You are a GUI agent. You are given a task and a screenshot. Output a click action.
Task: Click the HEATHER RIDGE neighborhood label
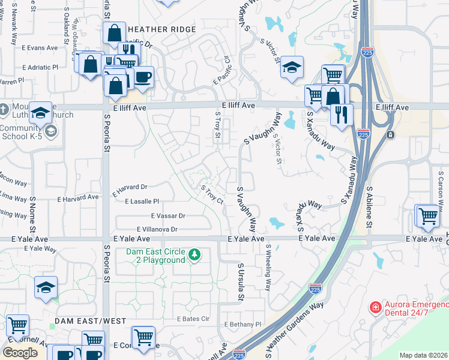161,29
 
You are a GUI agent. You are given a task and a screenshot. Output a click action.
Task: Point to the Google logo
20,353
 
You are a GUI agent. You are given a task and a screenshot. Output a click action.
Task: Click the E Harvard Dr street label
130,187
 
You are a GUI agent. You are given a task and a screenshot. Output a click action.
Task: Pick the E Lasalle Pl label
142,202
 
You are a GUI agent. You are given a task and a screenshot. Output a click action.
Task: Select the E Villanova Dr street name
157,229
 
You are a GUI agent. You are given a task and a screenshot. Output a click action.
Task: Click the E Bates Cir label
192,319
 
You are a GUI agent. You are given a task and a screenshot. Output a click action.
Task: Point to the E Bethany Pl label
243,325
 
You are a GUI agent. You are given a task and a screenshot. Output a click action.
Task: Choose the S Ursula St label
241,281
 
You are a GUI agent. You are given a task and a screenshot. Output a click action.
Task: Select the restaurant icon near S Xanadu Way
342,115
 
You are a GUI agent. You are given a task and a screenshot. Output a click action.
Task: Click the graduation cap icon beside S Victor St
292,67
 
